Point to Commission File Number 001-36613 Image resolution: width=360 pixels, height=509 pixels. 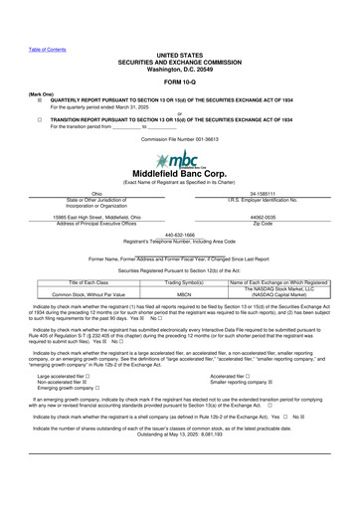pos(179,140)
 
